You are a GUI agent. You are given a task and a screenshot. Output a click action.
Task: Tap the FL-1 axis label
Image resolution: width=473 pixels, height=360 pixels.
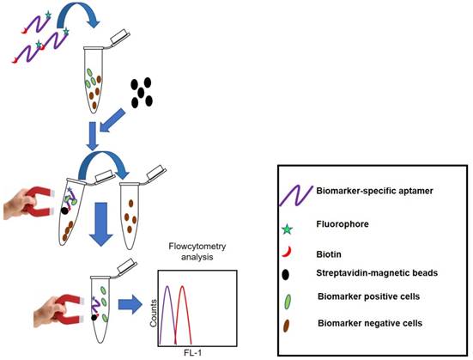(196, 352)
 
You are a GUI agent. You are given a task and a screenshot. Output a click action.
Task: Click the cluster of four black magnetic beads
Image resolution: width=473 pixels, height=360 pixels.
(142, 91)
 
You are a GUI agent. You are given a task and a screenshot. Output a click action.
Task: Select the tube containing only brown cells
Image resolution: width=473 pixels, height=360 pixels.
(130, 210)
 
